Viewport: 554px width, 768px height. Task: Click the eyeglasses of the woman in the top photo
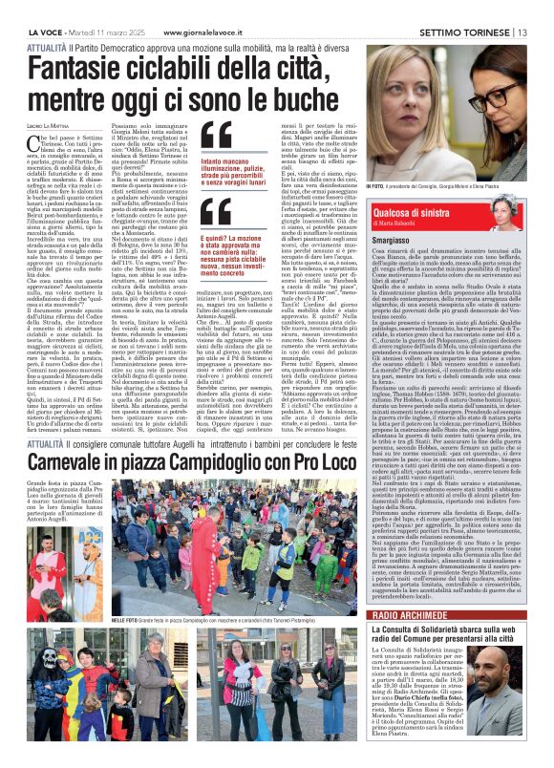498,96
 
